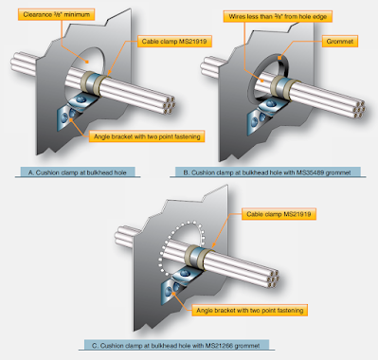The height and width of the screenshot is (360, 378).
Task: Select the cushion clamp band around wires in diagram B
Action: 281,83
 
